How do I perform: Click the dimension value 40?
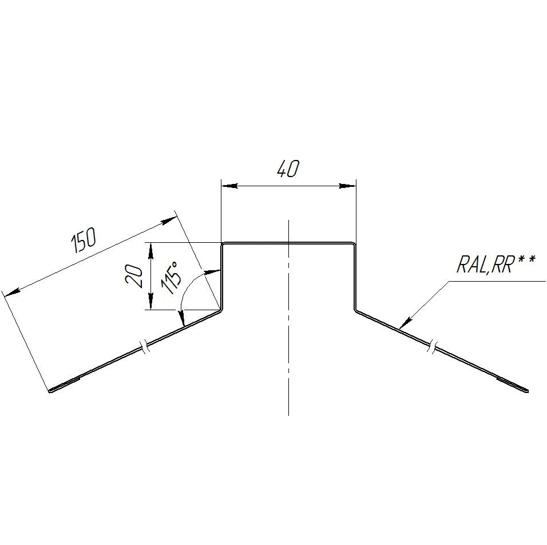(x=288, y=169)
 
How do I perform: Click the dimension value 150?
(x=84, y=241)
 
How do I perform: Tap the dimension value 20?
(x=134, y=276)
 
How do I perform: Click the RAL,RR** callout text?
(x=496, y=265)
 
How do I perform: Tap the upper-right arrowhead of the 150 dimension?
(x=168, y=220)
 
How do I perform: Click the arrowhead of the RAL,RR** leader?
(x=405, y=323)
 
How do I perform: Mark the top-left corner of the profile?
(x=223, y=244)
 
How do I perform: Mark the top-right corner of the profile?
(x=354, y=244)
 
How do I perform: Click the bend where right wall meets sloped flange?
(x=355, y=311)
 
